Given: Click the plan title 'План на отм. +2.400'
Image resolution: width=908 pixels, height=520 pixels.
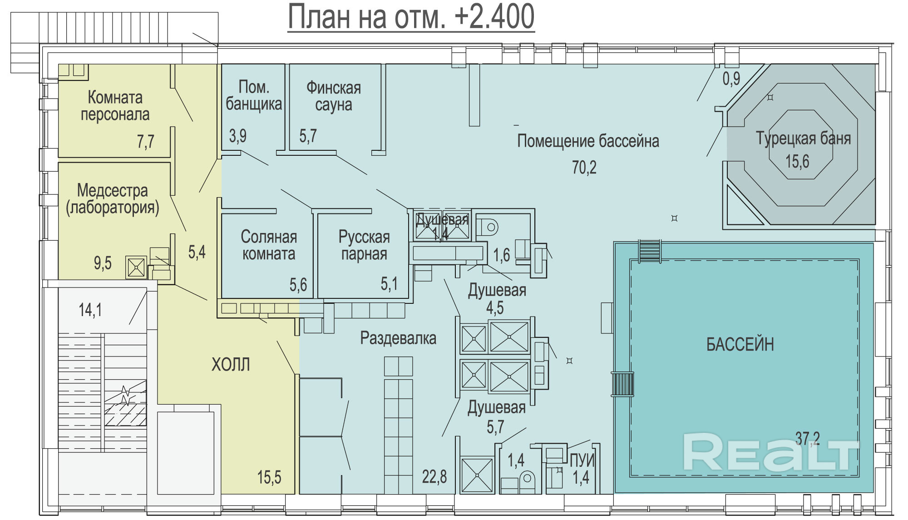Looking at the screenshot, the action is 411,17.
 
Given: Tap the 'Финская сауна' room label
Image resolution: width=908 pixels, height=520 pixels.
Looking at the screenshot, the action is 334,96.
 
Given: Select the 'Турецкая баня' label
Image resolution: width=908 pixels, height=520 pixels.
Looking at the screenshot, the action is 803,138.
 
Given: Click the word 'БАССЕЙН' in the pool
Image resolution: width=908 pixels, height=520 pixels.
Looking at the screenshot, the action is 740,344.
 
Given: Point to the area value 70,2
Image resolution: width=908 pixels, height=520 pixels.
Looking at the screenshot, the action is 584,168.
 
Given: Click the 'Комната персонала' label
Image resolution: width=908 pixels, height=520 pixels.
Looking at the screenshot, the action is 115,105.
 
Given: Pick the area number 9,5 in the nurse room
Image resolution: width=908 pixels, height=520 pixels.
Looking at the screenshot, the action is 103,263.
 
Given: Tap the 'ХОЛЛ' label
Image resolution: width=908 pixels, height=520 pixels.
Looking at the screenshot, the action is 231,364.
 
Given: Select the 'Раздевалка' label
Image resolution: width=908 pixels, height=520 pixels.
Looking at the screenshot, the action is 398,338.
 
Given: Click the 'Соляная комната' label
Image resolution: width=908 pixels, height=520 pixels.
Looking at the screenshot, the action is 269,245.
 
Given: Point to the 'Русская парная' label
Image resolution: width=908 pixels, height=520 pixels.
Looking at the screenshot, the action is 364,245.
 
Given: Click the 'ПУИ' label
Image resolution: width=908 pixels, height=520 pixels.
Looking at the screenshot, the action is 582,460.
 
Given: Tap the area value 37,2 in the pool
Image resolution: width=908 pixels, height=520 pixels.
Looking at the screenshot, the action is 807,438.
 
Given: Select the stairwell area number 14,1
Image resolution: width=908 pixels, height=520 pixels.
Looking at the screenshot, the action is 90,310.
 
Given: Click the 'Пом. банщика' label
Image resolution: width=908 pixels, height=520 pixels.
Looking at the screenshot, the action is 254,95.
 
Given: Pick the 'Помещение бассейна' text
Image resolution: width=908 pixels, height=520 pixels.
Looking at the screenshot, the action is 588,141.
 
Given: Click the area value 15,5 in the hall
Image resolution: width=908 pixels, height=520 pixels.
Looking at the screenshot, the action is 269,477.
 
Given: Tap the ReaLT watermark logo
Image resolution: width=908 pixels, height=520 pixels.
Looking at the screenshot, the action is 771,452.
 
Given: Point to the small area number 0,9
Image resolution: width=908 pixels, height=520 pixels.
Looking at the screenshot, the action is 731,79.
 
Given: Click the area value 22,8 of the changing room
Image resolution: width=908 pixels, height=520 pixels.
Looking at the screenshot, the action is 434,477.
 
